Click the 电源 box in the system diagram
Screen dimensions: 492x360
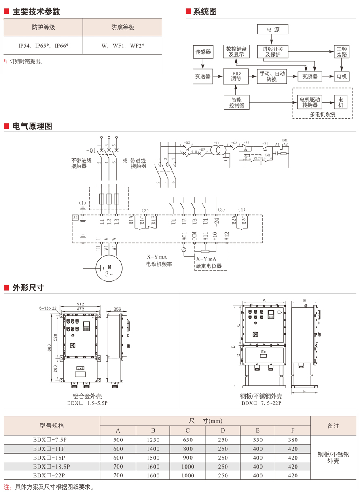(273, 29)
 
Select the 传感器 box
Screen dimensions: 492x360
(203, 52)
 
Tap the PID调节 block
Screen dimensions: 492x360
(236, 76)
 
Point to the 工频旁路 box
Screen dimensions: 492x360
(341, 52)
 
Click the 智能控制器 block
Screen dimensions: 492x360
(237, 102)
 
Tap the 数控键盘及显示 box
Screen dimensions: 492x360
(236, 52)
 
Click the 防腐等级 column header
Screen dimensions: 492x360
(123, 28)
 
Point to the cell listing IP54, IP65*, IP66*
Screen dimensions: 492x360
(43, 46)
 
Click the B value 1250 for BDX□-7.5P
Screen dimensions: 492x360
(153, 440)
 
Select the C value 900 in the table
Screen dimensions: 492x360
(188, 458)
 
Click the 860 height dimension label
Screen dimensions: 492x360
(49, 348)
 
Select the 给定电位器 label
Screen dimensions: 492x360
(209, 266)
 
